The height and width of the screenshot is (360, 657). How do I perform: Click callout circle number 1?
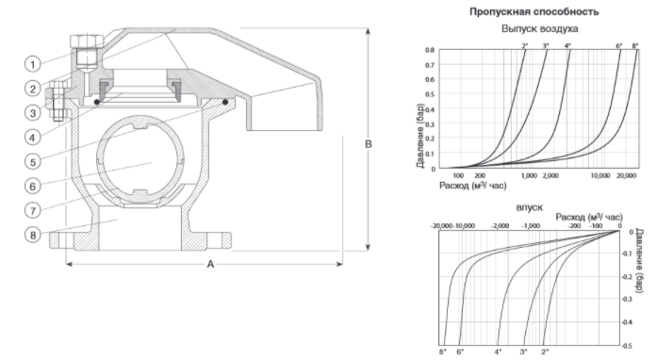pyautogui.click(x=33, y=64)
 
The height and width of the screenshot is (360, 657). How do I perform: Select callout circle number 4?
pyautogui.click(x=33, y=137)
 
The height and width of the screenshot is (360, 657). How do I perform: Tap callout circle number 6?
pyautogui.click(x=33, y=186)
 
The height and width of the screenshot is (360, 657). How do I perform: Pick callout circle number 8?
pyautogui.click(x=33, y=235)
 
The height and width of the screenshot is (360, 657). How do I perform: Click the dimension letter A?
pyautogui.click(x=210, y=264)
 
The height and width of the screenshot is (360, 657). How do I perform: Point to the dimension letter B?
pyautogui.click(x=369, y=144)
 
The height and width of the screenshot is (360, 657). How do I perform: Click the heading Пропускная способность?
pyautogui.click(x=534, y=11)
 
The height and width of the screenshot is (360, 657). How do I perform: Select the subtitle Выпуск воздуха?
pyautogui.click(x=540, y=29)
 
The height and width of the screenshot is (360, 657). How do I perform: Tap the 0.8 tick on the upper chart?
pyautogui.click(x=430, y=50)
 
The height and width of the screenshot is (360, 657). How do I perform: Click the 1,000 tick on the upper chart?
pyautogui.click(x=529, y=175)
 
